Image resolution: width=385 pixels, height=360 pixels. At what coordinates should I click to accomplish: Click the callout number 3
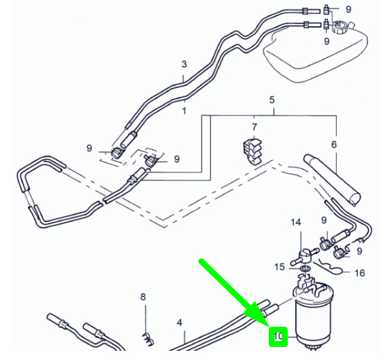tap(184, 65)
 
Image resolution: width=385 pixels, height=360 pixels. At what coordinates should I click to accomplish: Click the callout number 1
tap(184, 111)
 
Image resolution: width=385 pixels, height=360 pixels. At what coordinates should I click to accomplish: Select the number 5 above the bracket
tap(272, 100)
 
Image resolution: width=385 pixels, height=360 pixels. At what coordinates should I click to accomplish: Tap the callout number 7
tap(254, 127)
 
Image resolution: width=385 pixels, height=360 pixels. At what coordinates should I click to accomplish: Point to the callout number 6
tap(334, 145)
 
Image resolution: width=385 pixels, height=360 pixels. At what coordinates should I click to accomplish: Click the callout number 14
tap(296, 222)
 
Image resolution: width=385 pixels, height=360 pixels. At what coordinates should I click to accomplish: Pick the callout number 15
tap(279, 267)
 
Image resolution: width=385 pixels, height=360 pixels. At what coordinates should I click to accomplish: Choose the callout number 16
tap(360, 273)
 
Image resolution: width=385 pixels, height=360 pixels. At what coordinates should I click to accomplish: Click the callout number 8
tap(143, 297)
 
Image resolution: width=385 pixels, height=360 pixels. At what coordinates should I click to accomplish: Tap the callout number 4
tap(179, 323)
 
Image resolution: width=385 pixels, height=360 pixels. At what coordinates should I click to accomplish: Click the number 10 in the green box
tap(278, 337)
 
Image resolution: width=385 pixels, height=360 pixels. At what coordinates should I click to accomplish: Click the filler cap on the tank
tap(339, 27)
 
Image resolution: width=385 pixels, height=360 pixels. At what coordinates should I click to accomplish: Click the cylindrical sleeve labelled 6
tap(332, 180)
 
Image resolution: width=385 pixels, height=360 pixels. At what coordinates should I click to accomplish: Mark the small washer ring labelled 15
tap(305, 269)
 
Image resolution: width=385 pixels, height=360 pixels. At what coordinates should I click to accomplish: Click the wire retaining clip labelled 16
tap(328, 266)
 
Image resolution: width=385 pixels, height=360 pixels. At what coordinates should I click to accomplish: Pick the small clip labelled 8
tap(148, 338)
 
